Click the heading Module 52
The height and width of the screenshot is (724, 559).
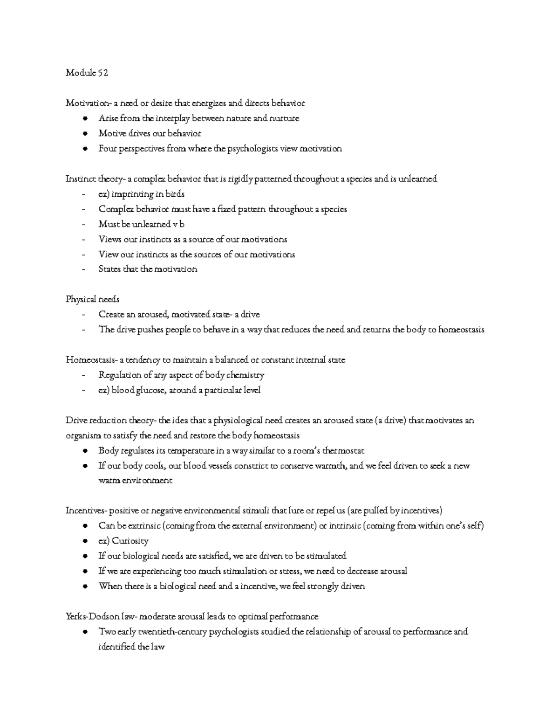coord(87,73)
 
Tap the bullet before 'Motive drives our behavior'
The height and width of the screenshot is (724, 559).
coord(84,134)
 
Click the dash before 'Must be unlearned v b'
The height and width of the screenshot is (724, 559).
coord(83,225)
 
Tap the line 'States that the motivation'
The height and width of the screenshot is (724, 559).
coord(148,269)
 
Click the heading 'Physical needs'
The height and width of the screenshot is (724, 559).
coord(92,300)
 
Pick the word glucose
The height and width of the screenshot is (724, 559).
coord(150,390)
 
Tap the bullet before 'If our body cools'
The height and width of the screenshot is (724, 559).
coord(84,466)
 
